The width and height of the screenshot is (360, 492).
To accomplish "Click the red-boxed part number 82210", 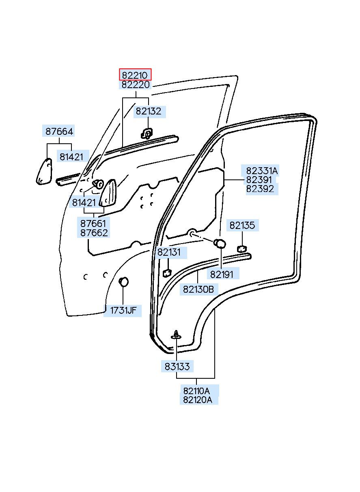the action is (135, 76).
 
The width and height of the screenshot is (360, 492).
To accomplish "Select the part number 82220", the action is (135, 84).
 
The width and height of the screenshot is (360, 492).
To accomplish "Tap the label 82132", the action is (149, 111).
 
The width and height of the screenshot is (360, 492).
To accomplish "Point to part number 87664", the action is (59, 132).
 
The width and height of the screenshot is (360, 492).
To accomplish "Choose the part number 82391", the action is (259, 180).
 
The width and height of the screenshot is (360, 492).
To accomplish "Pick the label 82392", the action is (260, 189).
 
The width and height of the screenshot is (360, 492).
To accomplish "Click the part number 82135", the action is (242, 225).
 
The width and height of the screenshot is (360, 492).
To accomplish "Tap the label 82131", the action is (169, 252).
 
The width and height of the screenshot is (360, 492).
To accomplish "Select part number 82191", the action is (222, 274).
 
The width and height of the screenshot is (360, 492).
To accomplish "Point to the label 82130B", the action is (198, 289).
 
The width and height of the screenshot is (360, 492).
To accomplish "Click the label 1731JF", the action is (123, 311).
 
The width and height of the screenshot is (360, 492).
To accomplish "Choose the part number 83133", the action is (177, 367).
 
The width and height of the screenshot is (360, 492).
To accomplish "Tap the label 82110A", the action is (196, 391).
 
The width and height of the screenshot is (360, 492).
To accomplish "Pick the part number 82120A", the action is (198, 399).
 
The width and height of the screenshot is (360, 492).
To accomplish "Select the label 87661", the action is (93, 224).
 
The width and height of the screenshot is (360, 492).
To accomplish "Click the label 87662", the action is (94, 233).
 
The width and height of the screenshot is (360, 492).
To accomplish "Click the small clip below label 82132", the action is (147, 133).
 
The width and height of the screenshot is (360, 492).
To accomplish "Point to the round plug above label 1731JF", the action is (123, 282).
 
